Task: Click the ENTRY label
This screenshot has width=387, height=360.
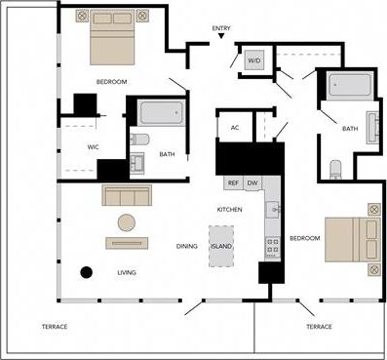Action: tap(221, 28)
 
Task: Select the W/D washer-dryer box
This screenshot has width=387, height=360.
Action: tap(254, 60)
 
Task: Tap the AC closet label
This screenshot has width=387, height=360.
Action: tap(235, 128)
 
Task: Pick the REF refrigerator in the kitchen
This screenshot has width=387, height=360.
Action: tap(233, 182)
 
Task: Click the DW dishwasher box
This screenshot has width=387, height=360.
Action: tap(252, 182)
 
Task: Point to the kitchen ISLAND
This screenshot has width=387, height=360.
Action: tap(221, 246)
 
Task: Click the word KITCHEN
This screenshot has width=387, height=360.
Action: tap(229, 210)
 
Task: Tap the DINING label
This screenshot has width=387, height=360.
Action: tap(187, 246)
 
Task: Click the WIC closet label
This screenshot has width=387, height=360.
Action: tap(80, 147)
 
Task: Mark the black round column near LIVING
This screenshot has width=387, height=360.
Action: tap(86, 272)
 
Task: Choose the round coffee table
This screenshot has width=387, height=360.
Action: tap(128, 221)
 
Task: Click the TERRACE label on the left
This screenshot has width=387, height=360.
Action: tap(54, 326)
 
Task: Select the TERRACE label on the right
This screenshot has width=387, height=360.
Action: tap(318, 326)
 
